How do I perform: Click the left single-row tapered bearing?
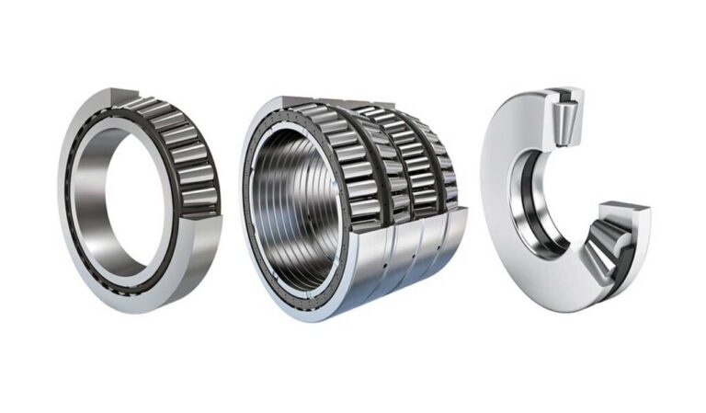(x=138, y=198)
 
